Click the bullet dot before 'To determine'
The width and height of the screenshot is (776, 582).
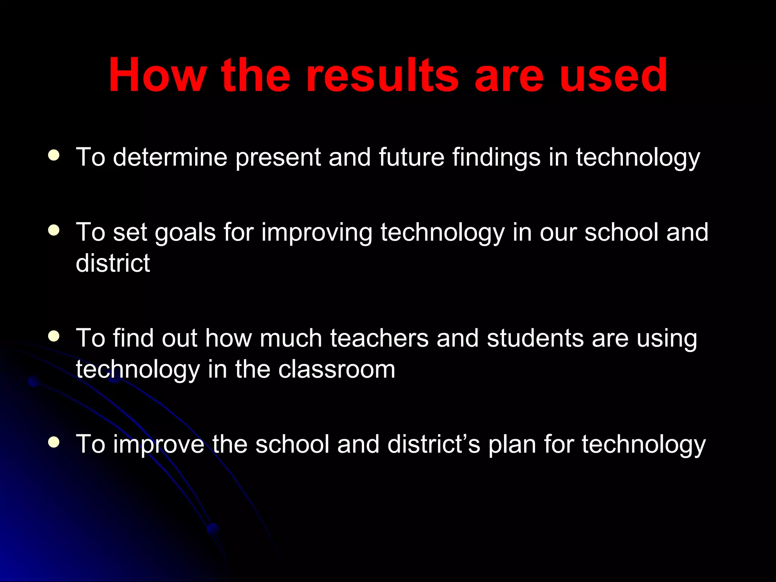pyautogui.click(x=54, y=155)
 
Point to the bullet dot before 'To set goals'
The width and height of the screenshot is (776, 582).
pyautogui.click(x=54, y=230)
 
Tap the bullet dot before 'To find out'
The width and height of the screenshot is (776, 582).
pyautogui.click(x=54, y=336)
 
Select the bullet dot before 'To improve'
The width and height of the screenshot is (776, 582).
pyautogui.click(x=54, y=442)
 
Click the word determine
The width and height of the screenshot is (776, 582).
pyautogui.click(x=170, y=157)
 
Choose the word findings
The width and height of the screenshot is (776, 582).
pyautogui.click(x=496, y=158)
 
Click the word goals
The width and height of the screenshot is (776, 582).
pyautogui.click(x=185, y=233)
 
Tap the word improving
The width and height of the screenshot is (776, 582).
pyautogui.click(x=317, y=233)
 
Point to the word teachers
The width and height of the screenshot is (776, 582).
pyautogui.click(x=379, y=338)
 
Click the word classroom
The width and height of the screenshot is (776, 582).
pyautogui.click(x=337, y=369)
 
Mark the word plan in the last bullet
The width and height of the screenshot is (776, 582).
pyautogui.click(x=512, y=444)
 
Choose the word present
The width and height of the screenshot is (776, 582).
pyautogui.click(x=278, y=158)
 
